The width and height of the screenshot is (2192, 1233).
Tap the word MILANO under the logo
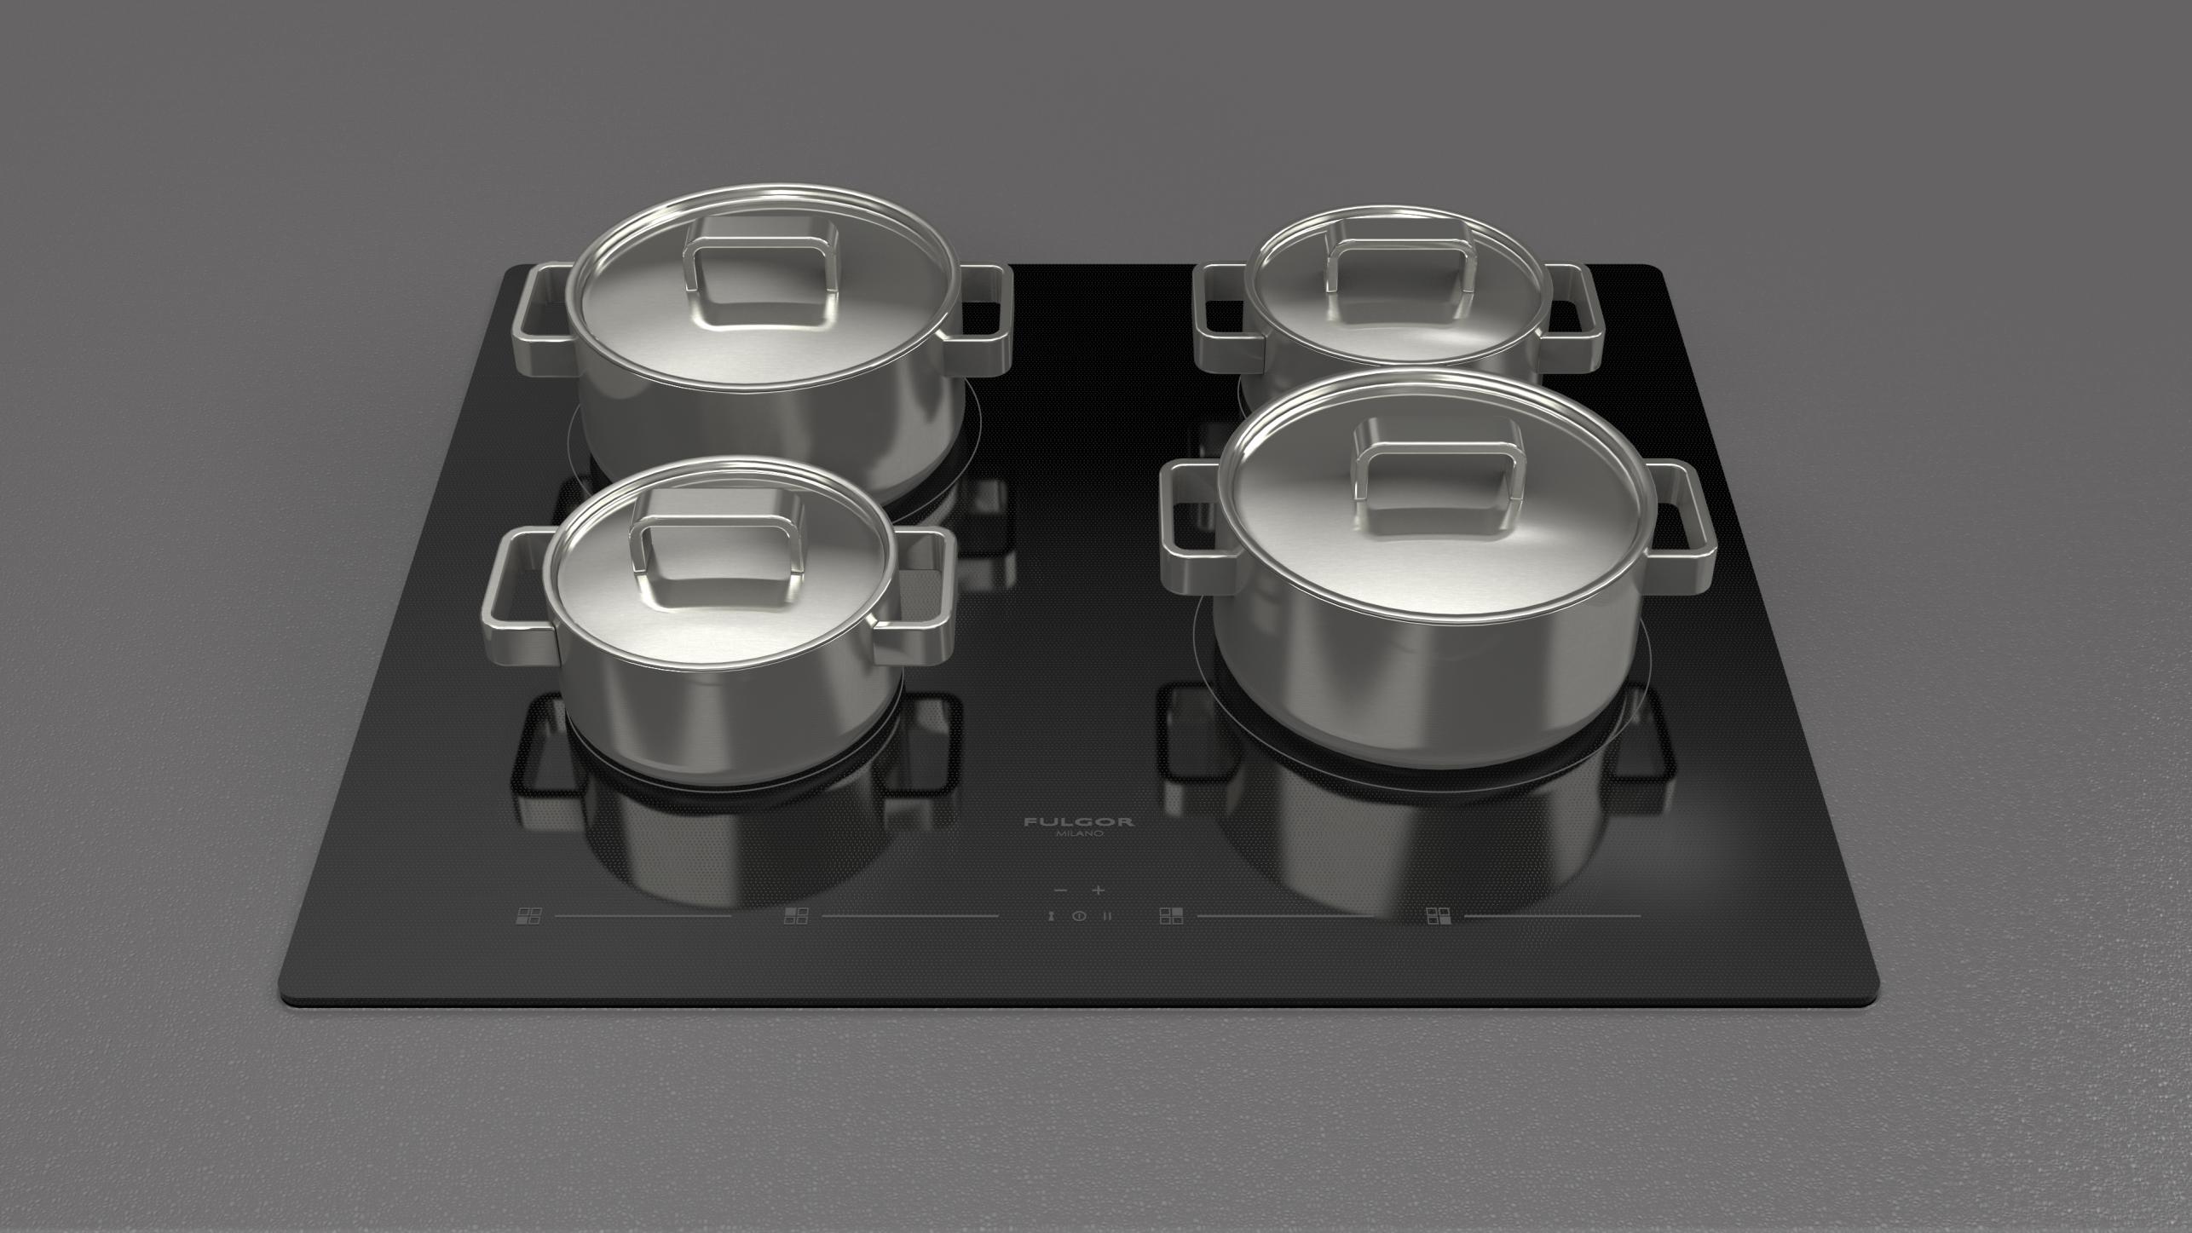(1080, 833)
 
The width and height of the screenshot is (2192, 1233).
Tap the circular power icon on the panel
(1079, 916)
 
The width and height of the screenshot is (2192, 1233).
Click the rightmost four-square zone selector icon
(1439, 916)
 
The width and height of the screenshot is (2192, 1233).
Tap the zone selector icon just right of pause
(1172, 916)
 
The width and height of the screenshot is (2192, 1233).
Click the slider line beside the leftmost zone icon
(643, 917)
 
